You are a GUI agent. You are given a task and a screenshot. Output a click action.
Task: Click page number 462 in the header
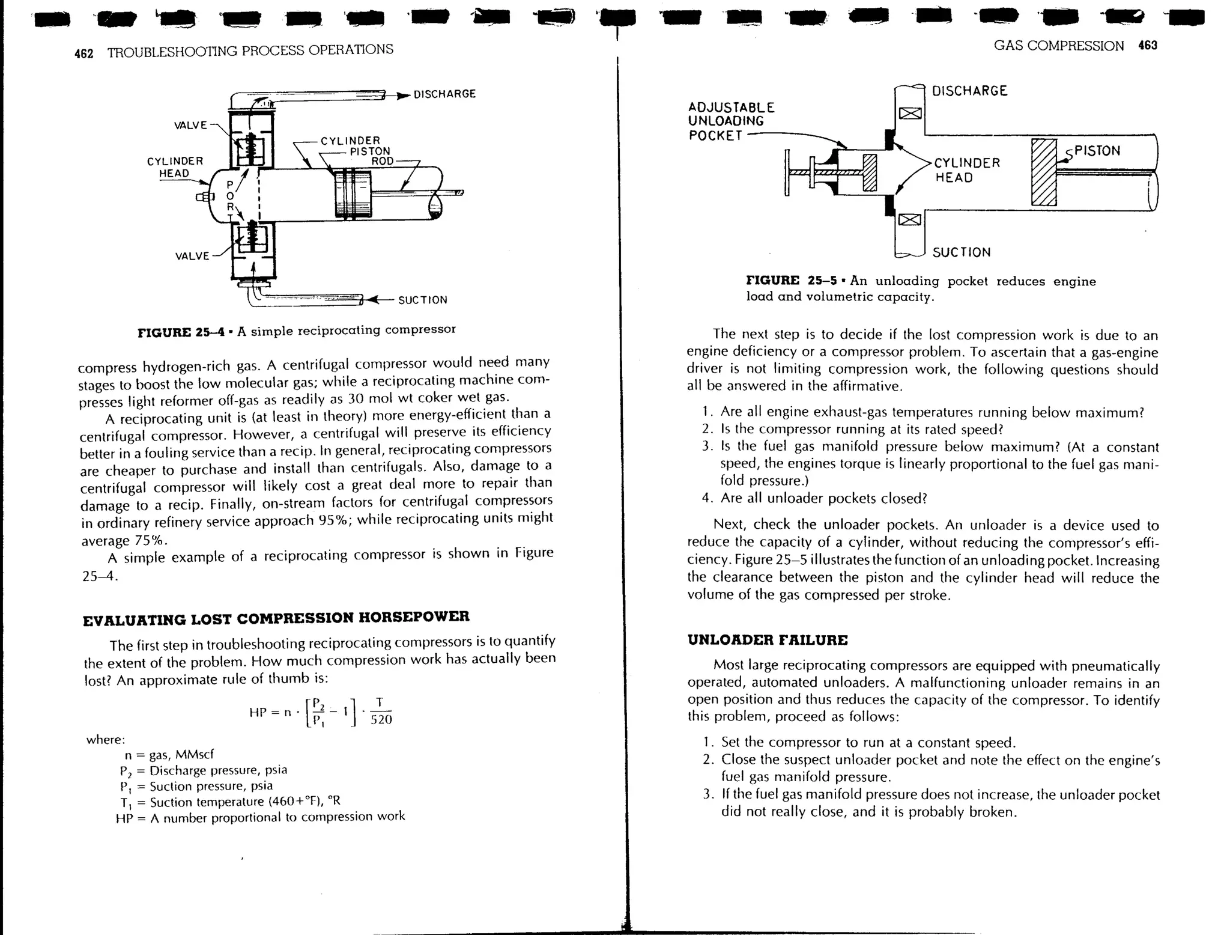pyautogui.click(x=83, y=53)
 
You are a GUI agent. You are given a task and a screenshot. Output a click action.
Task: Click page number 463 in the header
pyautogui.click(x=1147, y=45)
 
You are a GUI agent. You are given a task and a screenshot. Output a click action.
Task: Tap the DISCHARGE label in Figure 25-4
pyautogui.click(x=444, y=94)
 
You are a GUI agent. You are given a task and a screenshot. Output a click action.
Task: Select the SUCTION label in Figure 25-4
pyautogui.click(x=423, y=300)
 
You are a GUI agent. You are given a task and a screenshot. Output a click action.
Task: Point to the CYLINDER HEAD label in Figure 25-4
pyautogui.click(x=174, y=167)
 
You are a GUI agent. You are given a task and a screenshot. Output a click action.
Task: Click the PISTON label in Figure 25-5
pyautogui.click(x=1097, y=151)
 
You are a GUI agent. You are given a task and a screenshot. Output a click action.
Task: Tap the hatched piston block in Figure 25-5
pyautogui.click(x=1044, y=172)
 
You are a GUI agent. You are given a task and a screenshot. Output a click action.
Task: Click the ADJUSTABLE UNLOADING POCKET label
pyautogui.click(x=730, y=121)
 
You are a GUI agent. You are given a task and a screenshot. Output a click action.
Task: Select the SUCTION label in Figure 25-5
pyautogui.click(x=962, y=252)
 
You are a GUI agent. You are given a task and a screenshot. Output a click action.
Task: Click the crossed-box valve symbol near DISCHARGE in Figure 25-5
pyautogui.click(x=910, y=113)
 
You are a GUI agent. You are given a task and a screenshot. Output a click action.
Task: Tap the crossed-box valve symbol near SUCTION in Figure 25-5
pyautogui.click(x=910, y=220)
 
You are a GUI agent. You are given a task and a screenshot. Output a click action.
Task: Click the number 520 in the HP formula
pyautogui.click(x=381, y=719)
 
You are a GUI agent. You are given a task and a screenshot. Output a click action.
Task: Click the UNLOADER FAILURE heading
pyautogui.click(x=767, y=640)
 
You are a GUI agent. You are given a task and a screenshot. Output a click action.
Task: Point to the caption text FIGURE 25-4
pyautogui.click(x=181, y=332)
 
